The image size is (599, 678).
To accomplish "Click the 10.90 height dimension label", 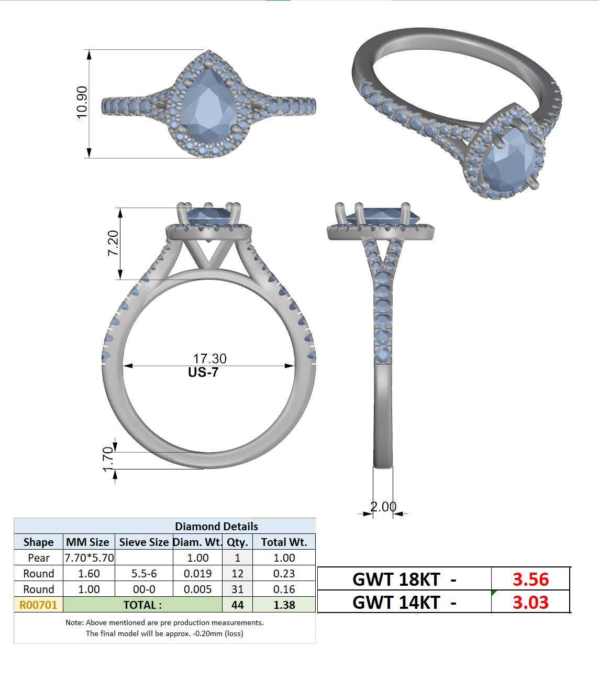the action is tap(82, 102).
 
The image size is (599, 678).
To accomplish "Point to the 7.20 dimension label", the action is tap(113, 243).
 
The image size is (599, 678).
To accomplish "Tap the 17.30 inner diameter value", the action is tap(209, 358).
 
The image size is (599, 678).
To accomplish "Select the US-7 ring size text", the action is tap(203, 372).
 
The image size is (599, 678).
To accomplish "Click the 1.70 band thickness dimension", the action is tap(108, 459).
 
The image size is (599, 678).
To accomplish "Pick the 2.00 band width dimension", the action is tap(383, 507).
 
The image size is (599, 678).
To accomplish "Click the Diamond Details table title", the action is tap(216, 527).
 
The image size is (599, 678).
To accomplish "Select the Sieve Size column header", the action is tap(144, 542).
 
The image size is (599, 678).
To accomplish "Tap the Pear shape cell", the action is tap(38, 558).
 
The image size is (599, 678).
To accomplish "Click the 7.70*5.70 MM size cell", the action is tap(89, 558).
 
